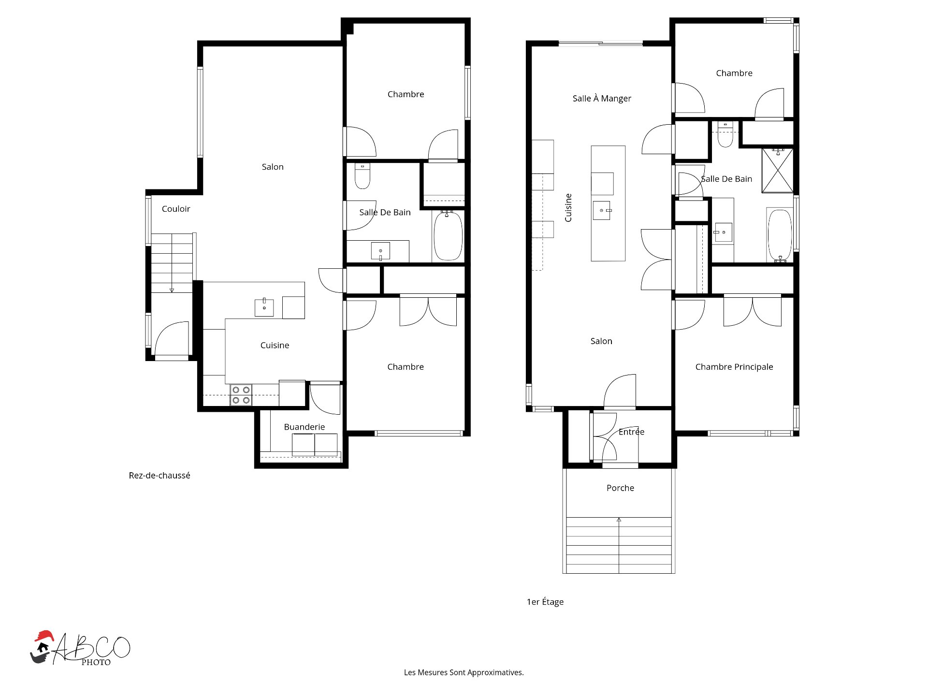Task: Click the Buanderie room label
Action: click(304, 427)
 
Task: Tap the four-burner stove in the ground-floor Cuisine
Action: click(241, 395)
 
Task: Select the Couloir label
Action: click(176, 209)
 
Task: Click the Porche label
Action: click(620, 488)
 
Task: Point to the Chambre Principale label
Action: click(734, 367)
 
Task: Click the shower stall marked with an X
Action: click(777, 171)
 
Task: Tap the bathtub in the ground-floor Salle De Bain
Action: click(448, 235)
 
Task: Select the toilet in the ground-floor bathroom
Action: click(362, 176)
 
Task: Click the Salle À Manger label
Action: click(602, 99)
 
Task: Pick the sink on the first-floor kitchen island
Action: click(602, 210)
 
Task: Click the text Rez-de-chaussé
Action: click(159, 476)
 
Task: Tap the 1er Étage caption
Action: click(545, 602)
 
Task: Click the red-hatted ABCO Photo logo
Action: click(80, 648)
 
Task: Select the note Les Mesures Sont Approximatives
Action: click(464, 672)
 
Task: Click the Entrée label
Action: click(631, 432)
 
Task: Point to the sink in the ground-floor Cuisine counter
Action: click(264, 307)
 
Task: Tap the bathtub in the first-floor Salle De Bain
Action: click(780, 235)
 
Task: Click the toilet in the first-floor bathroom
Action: click(725, 134)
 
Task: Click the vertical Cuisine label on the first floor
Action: click(568, 208)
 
